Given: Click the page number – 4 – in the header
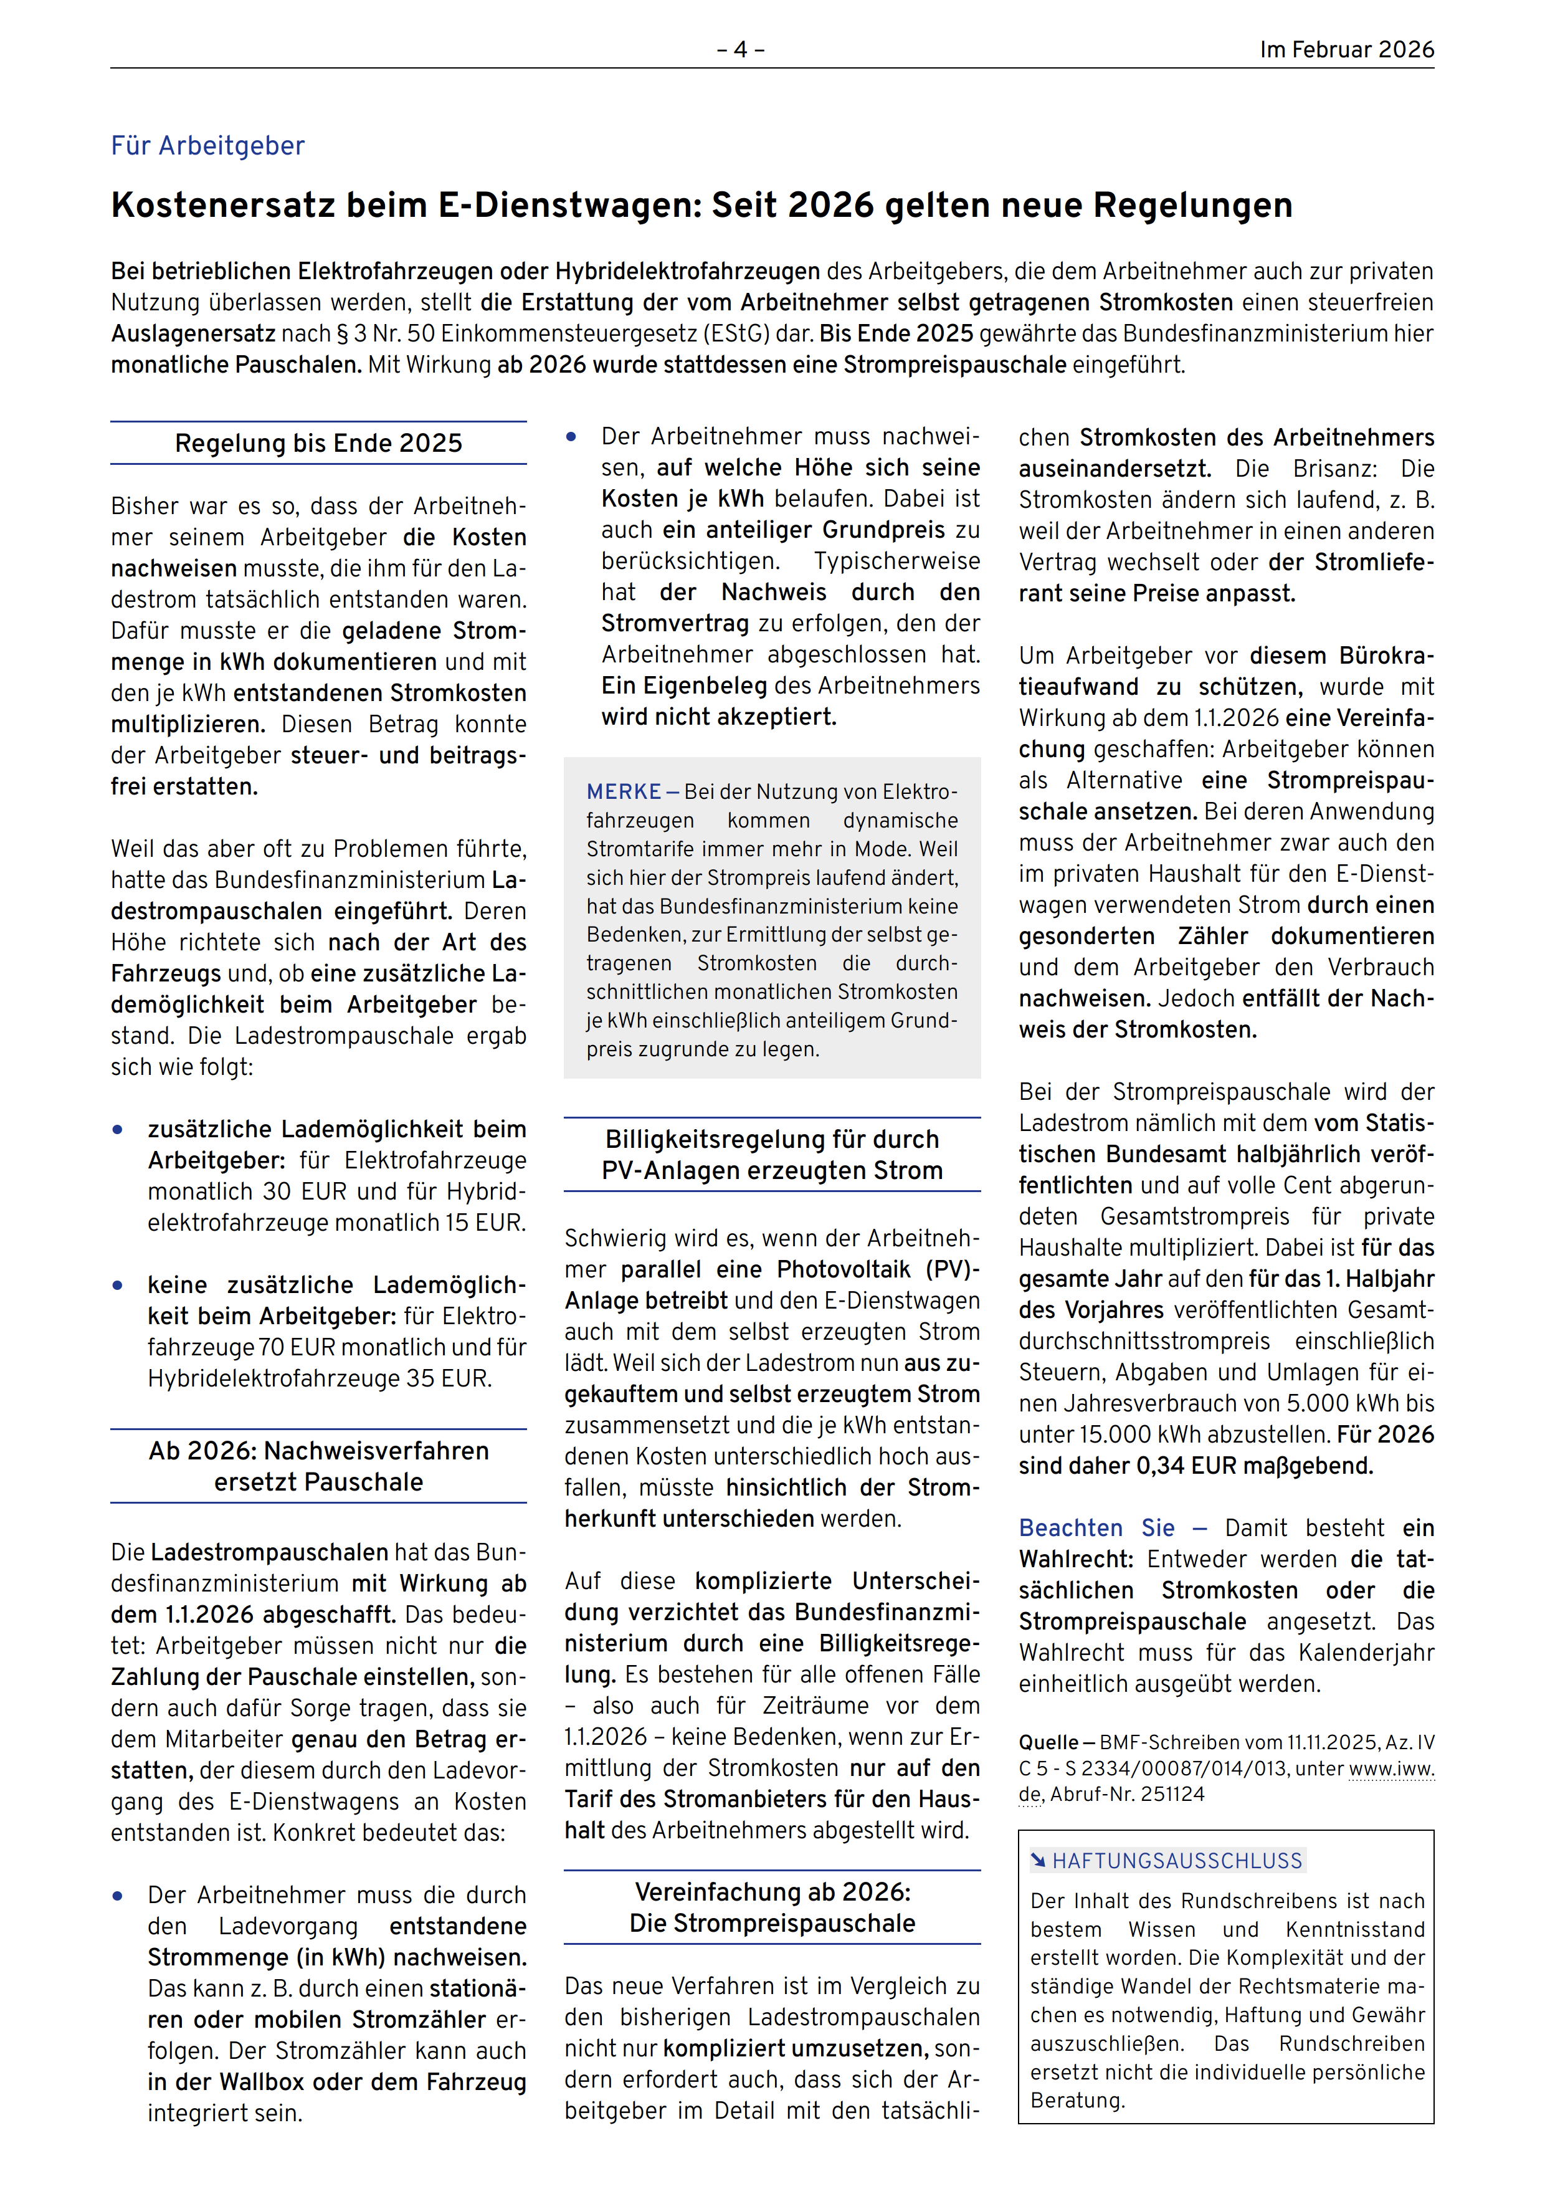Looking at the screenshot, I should point(741,49).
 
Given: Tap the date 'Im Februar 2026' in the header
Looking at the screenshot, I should point(1346,49).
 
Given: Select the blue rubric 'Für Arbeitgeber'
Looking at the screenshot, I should point(207,146).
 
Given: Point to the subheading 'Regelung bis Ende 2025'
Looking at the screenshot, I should point(318,444).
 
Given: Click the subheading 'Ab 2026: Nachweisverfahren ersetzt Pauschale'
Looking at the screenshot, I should point(318,1466).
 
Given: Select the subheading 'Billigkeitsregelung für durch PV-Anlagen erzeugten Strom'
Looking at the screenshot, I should point(772,1155).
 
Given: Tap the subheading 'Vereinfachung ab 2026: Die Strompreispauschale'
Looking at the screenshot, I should point(772,1907).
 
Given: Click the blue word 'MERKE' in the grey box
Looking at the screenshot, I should point(624,792).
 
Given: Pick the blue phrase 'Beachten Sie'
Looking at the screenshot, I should point(1096,1528).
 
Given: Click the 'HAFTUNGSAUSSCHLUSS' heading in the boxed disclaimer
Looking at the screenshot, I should point(1177,1860).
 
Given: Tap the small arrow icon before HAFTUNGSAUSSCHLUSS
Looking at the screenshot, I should point(1039,1859).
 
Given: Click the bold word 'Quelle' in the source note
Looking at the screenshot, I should point(1048,1742).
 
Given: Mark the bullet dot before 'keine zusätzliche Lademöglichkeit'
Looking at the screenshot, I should point(118,1286).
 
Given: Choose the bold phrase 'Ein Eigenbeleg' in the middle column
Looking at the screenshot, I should point(683,685).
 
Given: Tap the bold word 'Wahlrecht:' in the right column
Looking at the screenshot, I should point(1076,1560).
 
